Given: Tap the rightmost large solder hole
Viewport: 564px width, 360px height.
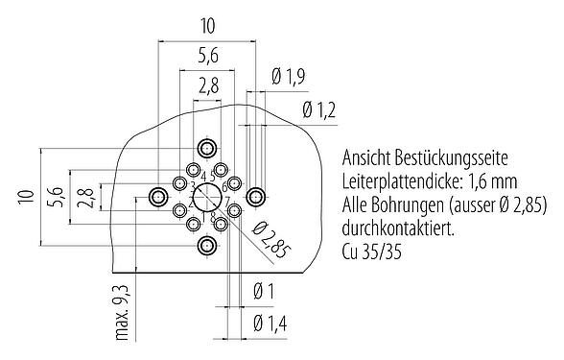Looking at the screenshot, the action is pos(255,198).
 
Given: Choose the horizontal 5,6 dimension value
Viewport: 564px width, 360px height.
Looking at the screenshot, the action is pos(207,55).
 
